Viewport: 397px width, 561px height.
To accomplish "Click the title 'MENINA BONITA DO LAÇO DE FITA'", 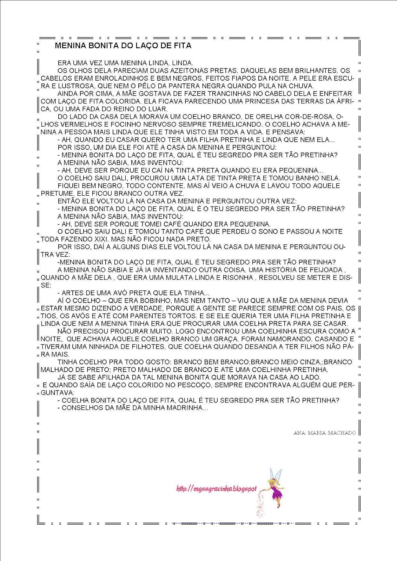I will click(x=123, y=46).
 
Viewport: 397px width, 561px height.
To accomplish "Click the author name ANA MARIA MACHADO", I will click(x=324, y=433).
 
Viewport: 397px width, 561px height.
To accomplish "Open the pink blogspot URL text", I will click(x=216, y=488).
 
